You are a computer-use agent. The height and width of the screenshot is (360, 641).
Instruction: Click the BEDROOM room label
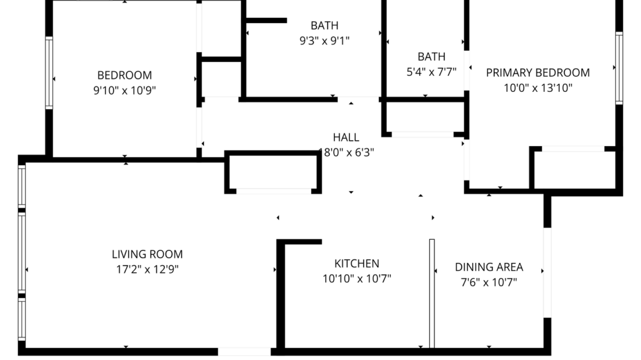tap(124, 75)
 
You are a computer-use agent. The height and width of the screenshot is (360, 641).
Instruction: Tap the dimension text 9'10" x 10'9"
tap(124, 90)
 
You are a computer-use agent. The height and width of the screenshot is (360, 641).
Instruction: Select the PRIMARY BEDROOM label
tap(538, 73)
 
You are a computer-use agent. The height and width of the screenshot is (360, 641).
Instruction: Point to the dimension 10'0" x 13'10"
tap(538, 88)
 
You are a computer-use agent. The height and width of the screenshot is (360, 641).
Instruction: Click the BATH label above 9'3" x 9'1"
tap(324, 25)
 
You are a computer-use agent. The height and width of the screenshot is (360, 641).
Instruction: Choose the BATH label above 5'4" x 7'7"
tap(431, 57)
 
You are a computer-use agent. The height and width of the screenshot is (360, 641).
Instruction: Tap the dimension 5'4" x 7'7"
tap(431, 72)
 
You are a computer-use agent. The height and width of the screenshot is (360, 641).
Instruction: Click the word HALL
tap(346, 138)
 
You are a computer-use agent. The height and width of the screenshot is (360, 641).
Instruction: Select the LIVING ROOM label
tap(147, 254)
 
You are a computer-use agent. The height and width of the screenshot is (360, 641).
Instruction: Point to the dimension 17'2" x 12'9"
tap(147, 269)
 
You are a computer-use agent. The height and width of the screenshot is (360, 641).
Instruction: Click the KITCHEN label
tap(357, 263)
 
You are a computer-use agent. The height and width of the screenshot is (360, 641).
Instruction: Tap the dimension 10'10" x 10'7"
tap(357, 279)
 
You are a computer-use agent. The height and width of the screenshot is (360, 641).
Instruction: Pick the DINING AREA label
tap(489, 267)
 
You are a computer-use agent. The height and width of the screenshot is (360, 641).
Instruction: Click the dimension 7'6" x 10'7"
tap(489, 283)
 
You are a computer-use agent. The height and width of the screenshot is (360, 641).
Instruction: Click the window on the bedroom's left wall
tap(49, 73)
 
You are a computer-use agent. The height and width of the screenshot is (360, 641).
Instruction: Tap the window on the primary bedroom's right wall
tap(619, 68)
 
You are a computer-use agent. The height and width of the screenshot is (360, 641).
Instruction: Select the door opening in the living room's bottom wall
tap(244, 351)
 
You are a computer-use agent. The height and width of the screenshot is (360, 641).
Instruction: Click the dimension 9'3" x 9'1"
tap(324, 40)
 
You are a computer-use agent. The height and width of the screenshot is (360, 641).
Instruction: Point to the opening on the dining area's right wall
tap(547, 272)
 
